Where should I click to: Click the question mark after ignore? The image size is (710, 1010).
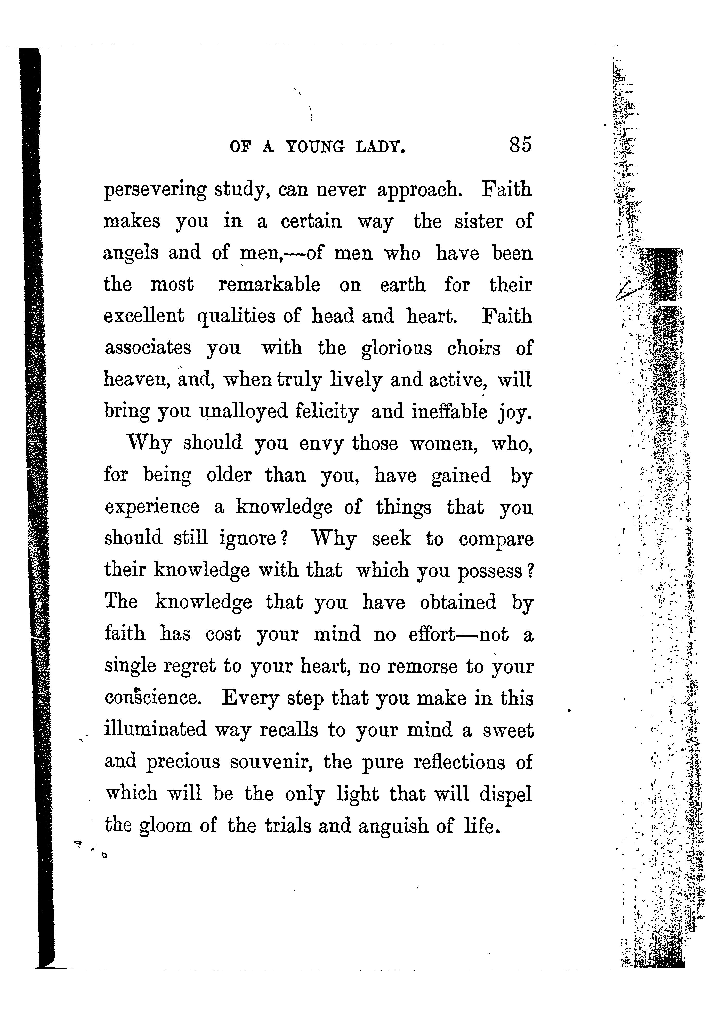[284, 539]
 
